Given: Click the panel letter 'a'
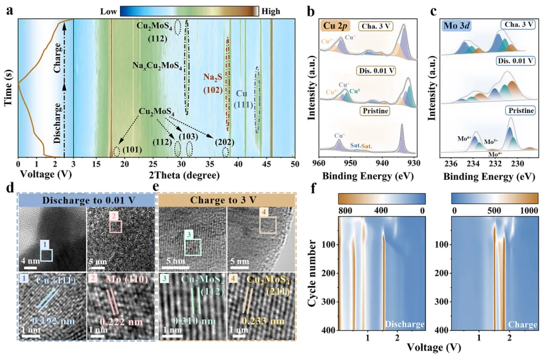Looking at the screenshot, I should [x=9, y=10].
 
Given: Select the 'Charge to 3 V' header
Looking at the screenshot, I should [x=227, y=199].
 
